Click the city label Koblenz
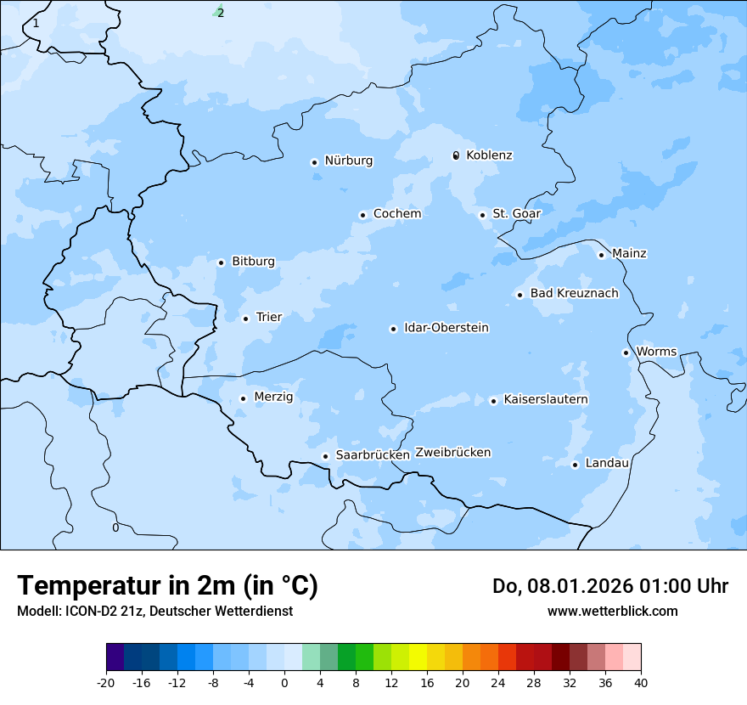(489, 155)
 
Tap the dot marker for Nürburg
(314, 162)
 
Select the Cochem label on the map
(396, 214)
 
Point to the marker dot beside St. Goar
(483, 215)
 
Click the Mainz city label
(629, 254)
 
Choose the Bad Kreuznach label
(574, 294)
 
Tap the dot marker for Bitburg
(221, 262)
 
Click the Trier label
(269, 318)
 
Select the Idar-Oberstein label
(447, 328)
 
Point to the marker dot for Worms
(626, 352)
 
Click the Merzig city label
(273, 398)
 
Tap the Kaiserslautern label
(546, 400)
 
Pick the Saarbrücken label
(373, 455)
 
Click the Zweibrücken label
(452, 453)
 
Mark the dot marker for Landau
(576, 465)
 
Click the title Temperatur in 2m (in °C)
(167, 586)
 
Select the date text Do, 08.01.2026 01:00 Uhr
(609, 586)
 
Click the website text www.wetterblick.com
(612, 612)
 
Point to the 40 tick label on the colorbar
(641, 683)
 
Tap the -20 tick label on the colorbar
(106, 683)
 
